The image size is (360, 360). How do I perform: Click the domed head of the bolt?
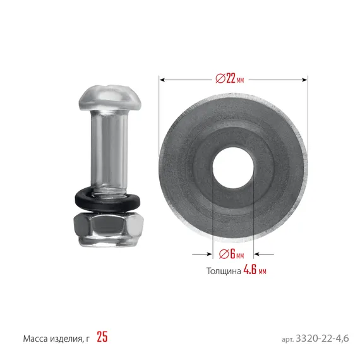110,98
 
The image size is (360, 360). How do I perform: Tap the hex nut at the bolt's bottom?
109,229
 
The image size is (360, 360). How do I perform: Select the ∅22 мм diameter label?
230,79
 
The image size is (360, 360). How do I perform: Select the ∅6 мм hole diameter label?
231,254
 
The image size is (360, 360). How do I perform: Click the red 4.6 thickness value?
250,270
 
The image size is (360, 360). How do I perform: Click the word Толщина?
224,271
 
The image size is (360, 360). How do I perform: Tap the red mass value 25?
102,337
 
